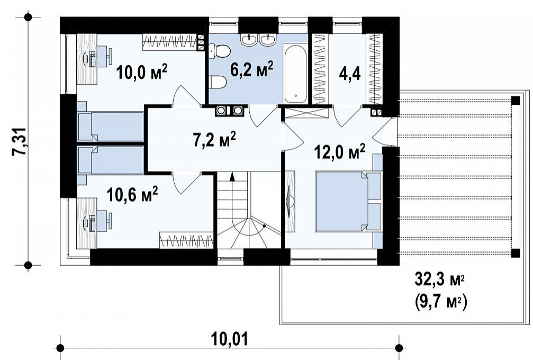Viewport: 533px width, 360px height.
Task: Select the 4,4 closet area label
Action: pyautogui.click(x=350, y=73)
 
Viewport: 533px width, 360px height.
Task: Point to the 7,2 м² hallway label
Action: pyautogui.click(x=214, y=140)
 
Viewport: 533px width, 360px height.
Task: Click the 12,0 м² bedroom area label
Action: pyautogui.click(x=340, y=151)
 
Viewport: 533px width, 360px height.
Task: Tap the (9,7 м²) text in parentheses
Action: pyautogui.click(x=440, y=301)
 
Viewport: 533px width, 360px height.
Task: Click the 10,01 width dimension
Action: pyautogui.click(x=229, y=339)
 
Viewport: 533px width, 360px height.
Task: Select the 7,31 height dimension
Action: pyautogui.click(x=20, y=141)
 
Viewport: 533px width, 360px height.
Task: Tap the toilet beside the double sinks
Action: pyautogui.click(x=220, y=52)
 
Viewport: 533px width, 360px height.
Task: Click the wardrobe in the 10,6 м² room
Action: pyautogui.click(x=186, y=240)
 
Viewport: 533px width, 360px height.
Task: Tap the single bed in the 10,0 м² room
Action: pyautogui.click(x=110, y=126)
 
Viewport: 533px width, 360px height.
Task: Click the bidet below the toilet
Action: pyautogui.click(x=218, y=82)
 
